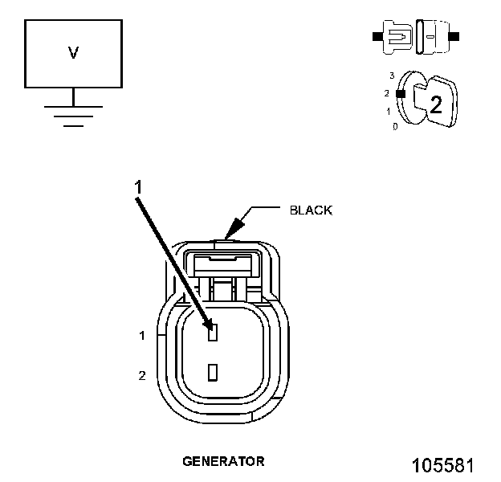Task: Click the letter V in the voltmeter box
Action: [x=73, y=53]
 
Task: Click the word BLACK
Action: [x=310, y=210]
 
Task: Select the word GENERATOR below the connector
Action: [x=223, y=461]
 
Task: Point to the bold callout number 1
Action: [x=138, y=186]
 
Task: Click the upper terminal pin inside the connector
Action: [x=213, y=332]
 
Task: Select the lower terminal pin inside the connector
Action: [x=213, y=372]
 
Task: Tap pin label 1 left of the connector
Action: [x=142, y=336]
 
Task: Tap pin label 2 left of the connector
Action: [x=142, y=375]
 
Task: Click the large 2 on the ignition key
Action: [x=435, y=104]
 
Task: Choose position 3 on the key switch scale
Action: [x=392, y=76]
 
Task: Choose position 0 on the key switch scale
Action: [x=395, y=127]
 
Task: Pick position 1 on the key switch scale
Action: [x=389, y=111]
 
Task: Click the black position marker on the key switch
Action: [x=398, y=93]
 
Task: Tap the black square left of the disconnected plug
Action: [x=376, y=36]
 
